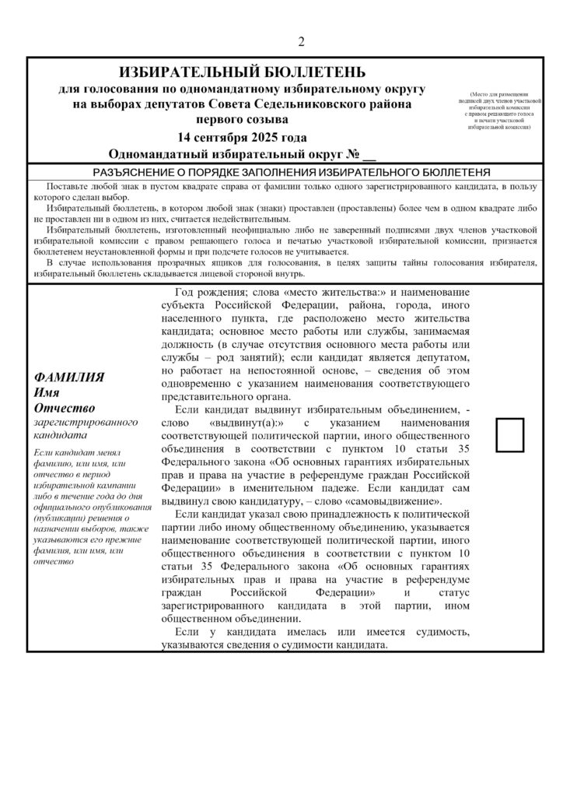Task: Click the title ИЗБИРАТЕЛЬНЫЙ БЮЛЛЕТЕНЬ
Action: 241,72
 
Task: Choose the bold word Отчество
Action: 65,407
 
